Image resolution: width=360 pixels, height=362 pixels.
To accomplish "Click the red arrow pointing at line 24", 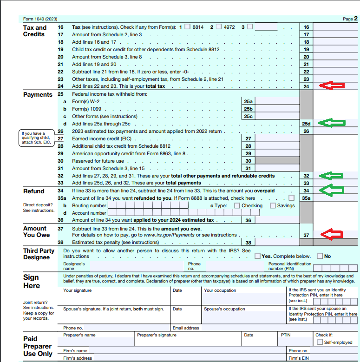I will pyautogui.click(x=332, y=86).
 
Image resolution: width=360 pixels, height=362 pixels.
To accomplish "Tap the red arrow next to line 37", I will pyautogui.click(x=332, y=235).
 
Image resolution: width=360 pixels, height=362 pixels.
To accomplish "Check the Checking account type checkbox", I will pyautogui.click(x=237, y=205).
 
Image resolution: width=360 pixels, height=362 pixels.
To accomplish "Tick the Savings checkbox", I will pyautogui.click(x=273, y=205).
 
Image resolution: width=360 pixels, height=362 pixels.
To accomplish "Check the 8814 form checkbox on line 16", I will pyautogui.click(x=187, y=26).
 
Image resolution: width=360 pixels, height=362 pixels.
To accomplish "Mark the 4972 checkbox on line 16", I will pyautogui.click(x=218, y=26).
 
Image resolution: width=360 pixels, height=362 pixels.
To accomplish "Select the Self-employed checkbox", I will pyautogui.click(x=320, y=342).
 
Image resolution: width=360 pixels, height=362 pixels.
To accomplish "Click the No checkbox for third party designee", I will pyautogui.click(x=320, y=256).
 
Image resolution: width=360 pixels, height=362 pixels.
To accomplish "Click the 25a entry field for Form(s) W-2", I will pyautogui.click(x=277, y=101).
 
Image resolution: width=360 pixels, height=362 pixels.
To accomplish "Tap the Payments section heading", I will pyautogui.click(x=38, y=94).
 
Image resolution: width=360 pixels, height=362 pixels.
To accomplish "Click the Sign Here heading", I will pyautogui.click(x=32, y=281).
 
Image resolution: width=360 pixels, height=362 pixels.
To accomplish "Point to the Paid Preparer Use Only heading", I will pyautogui.click(x=38, y=346).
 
